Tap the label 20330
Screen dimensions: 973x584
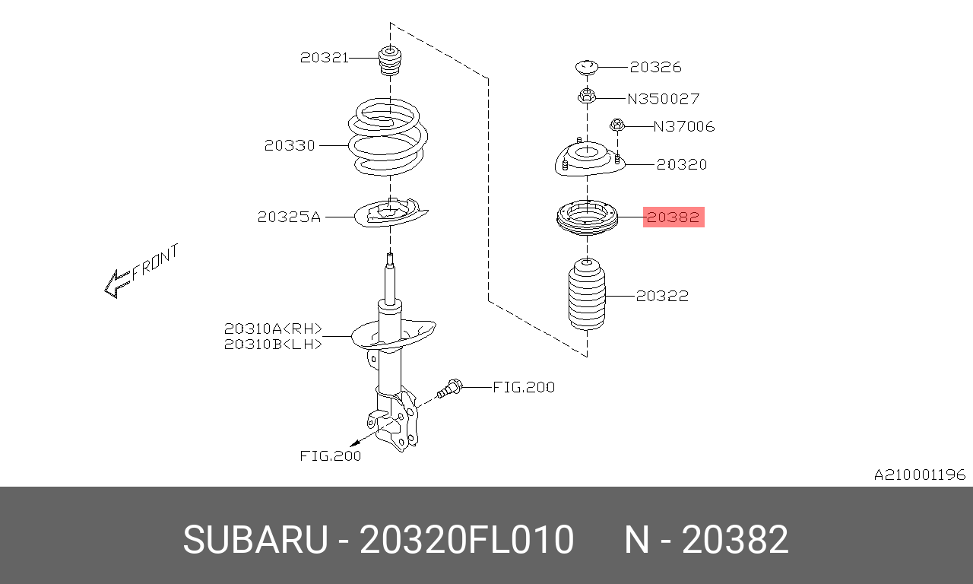(x=290, y=145)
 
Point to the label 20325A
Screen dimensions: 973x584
(x=289, y=217)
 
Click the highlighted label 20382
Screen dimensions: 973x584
(x=673, y=217)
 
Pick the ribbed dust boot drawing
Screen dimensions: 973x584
(x=588, y=297)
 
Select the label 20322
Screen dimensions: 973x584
(x=662, y=296)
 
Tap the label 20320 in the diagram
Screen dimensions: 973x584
(x=681, y=164)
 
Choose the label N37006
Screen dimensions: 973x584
(x=684, y=126)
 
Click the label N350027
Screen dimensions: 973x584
(x=664, y=99)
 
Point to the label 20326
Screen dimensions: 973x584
(x=655, y=68)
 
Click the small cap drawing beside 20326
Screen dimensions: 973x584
(x=587, y=67)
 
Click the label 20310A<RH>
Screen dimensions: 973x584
(x=273, y=329)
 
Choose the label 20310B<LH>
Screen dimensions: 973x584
(x=273, y=344)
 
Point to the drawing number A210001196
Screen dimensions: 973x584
(x=919, y=475)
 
